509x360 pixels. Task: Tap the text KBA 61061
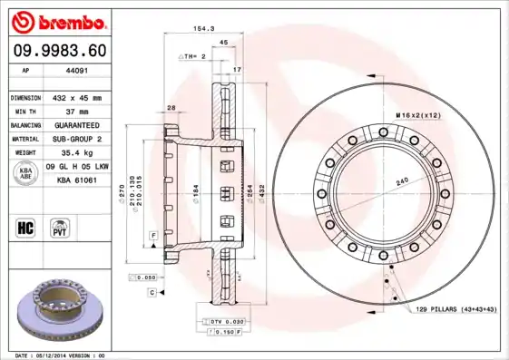77,180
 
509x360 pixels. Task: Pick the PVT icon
60,227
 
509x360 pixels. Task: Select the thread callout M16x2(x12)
416,115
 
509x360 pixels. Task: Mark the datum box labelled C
152,292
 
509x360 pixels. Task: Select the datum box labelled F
153,235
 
